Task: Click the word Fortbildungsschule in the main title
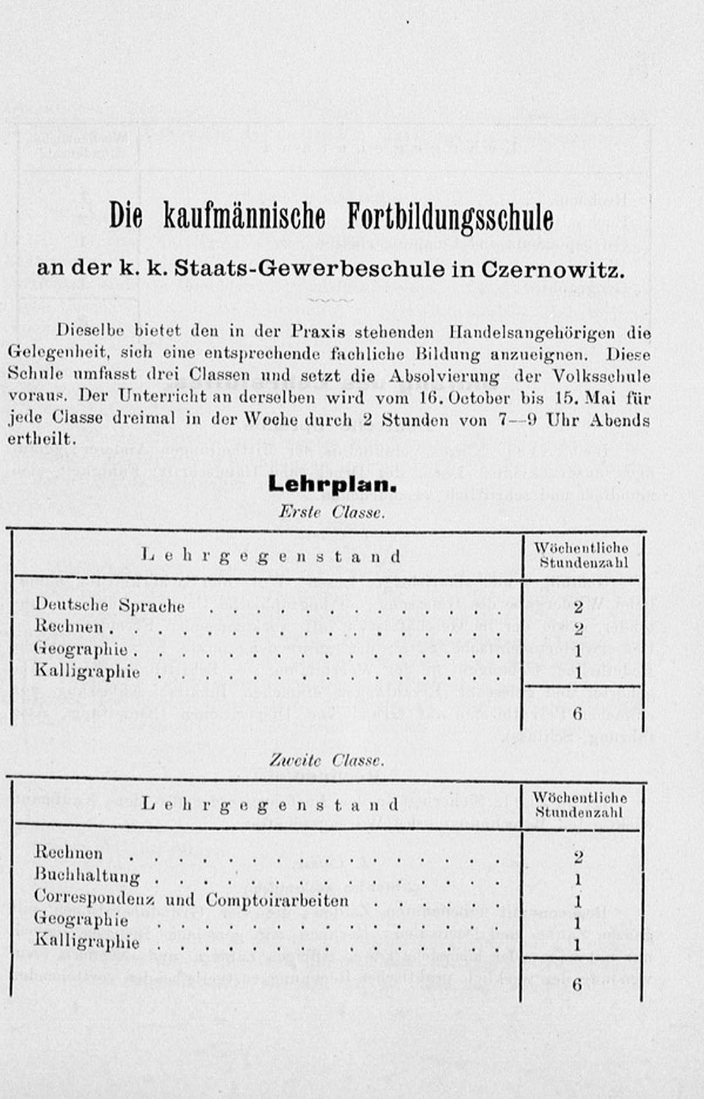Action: coord(450,218)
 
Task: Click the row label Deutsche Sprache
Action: coord(110,605)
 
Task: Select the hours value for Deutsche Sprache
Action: coord(578,607)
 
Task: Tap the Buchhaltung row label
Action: coord(87,877)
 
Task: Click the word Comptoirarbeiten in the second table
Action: coord(277,901)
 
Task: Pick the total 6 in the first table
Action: coord(578,714)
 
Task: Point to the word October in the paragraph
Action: coord(479,398)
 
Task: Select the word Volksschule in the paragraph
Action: coord(602,376)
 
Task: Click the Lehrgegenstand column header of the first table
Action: coord(271,557)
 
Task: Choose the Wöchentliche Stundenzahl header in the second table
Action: coord(580,805)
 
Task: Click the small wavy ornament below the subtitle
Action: coord(330,301)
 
